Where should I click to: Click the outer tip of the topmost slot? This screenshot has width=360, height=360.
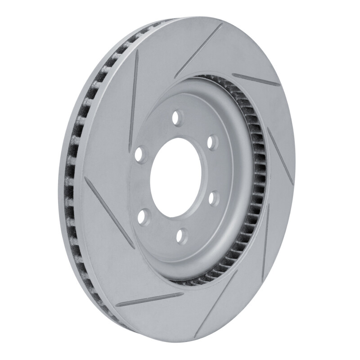pyautogui.click(x=221, y=26)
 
